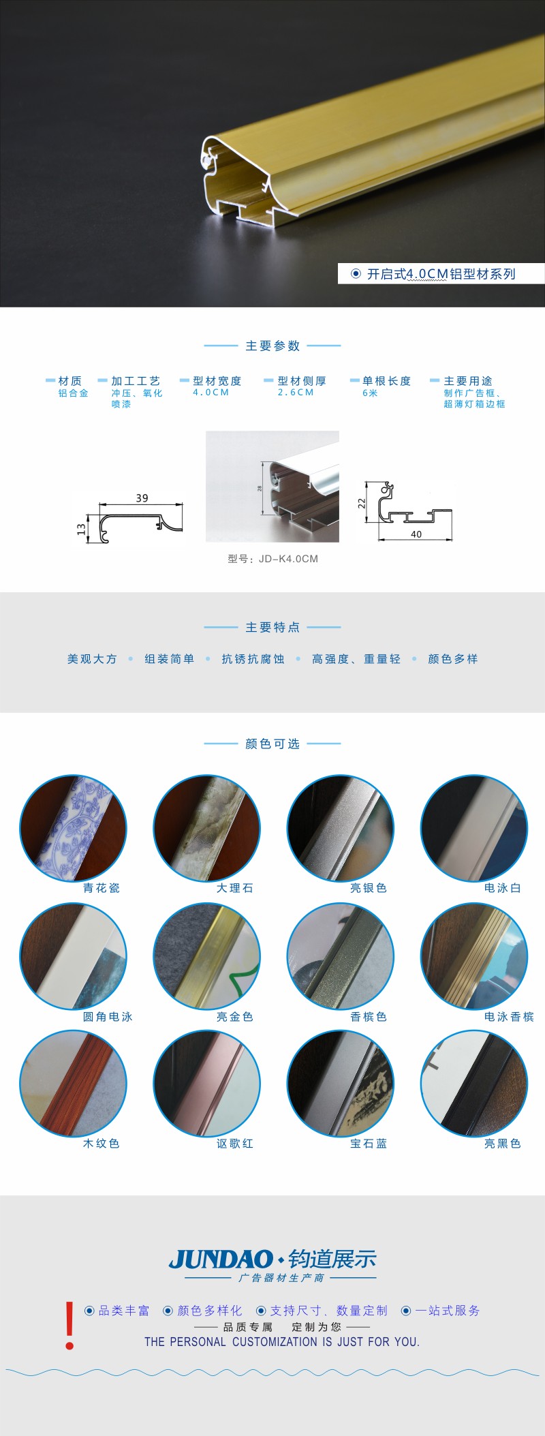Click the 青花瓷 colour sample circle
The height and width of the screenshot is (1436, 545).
click(x=73, y=828)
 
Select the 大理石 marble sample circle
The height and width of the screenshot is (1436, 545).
click(x=206, y=828)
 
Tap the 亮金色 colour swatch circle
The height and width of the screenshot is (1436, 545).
click(x=206, y=956)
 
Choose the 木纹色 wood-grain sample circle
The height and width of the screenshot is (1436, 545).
click(x=73, y=1084)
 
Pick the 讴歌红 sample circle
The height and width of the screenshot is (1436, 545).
click(x=206, y=1084)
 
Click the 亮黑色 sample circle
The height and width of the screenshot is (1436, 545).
click(x=474, y=1084)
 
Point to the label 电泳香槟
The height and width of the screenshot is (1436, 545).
click(x=509, y=1016)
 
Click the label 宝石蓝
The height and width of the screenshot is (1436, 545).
click(x=369, y=1143)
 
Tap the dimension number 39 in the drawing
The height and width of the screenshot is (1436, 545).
click(x=142, y=498)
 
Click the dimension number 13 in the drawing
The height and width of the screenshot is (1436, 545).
click(x=81, y=529)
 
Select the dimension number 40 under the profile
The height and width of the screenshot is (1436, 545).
click(x=416, y=534)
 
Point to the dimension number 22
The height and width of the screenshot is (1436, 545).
click(x=362, y=503)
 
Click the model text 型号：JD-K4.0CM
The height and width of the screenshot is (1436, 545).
click(x=272, y=559)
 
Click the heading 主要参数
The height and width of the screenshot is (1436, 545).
click(x=272, y=346)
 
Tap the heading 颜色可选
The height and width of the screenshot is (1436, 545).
click(x=272, y=744)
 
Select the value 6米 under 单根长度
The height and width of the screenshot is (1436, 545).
click(x=370, y=393)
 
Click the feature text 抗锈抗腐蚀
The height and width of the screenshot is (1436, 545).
click(x=253, y=659)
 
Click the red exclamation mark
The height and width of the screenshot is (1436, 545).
click(x=69, y=1326)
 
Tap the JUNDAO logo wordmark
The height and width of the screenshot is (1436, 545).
click(x=221, y=1259)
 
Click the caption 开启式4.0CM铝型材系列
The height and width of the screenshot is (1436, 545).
click(x=441, y=274)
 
